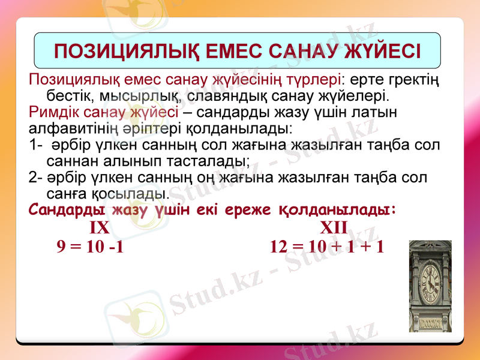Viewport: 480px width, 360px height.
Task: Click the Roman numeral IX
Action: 99,228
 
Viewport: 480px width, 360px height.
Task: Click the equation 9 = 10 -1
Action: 90,247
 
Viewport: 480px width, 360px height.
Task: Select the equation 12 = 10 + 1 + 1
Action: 327,247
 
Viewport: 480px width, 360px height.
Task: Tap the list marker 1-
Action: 35,145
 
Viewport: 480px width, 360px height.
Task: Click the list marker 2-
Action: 35,178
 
